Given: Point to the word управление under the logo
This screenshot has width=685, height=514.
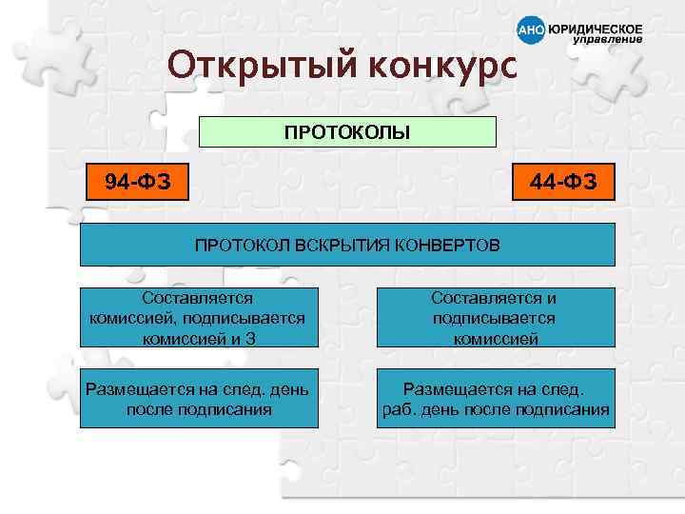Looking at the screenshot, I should (607, 41).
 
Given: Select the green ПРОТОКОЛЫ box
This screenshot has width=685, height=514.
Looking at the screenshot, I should (347, 132).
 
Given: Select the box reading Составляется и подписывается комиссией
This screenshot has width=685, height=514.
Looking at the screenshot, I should (494, 318).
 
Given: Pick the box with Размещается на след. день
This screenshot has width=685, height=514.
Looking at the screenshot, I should (198, 399).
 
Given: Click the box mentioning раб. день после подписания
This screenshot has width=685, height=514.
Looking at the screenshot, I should (495, 399).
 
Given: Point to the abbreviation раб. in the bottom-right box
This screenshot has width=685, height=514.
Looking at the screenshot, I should (397, 410).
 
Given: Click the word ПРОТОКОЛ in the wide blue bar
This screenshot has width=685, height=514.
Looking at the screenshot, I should (234, 246).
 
